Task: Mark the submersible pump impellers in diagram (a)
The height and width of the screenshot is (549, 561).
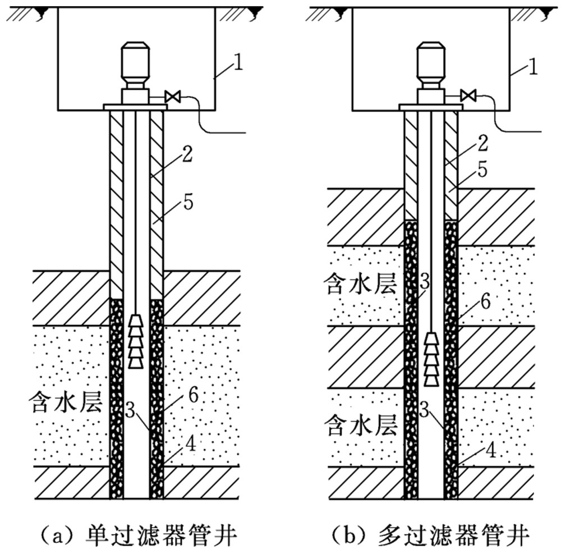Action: [136, 341]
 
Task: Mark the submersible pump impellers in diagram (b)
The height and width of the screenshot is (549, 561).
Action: [431, 359]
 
